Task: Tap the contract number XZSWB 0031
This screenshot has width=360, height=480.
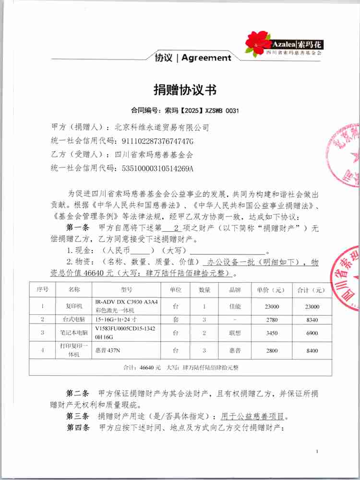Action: coord(222,111)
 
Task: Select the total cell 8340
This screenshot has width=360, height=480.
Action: coord(312,319)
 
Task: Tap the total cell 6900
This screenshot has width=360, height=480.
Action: coord(312,333)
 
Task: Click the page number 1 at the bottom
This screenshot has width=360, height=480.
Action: coord(318,452)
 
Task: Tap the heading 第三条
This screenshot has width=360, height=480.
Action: coord(77,416)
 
